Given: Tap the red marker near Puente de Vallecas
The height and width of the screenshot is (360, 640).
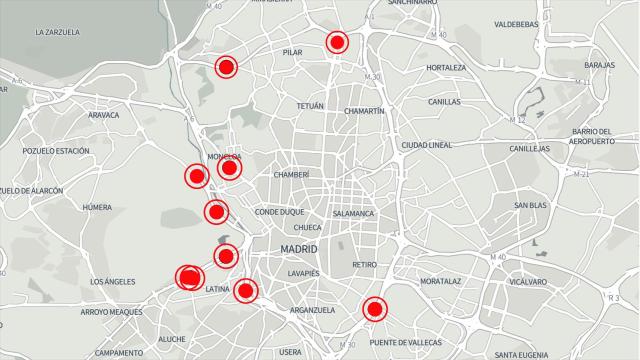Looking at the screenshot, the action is (375, 309).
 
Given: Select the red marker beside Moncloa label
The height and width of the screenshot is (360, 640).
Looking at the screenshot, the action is (229, 168).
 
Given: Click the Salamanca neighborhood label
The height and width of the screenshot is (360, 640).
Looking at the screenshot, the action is (353, 214).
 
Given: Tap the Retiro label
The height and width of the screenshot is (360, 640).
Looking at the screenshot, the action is (364, 265).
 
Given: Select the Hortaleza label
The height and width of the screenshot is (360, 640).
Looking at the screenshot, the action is (446, 68).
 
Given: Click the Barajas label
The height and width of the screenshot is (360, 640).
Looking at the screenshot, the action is (599, 65).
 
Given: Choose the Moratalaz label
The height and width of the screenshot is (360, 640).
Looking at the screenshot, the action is (440, 281).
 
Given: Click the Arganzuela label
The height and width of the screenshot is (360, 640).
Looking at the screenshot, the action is (311, 310).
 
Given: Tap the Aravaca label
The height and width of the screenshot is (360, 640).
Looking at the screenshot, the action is (103, 115).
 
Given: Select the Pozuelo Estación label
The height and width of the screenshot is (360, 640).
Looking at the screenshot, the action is (57, 150).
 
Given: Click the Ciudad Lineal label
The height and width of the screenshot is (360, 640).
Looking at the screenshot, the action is (427, 145).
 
